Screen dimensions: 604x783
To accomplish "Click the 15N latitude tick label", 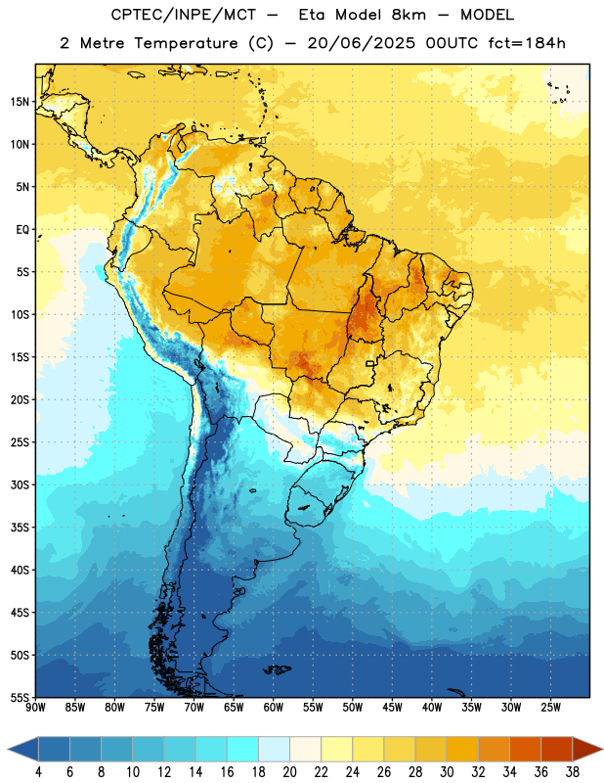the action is tap(20, 102).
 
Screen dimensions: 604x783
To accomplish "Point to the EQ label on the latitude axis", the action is tap(22, 230).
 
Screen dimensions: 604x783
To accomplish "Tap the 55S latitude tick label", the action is tap(21, 697).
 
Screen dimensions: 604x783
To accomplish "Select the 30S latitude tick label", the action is tap(21, 484).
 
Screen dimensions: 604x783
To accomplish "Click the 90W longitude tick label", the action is tap(35, 708).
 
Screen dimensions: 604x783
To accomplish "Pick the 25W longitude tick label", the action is tap(550, 708).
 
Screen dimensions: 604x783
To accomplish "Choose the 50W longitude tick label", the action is tap(353, 708).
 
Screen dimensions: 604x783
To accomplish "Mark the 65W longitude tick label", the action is tap(234, 708).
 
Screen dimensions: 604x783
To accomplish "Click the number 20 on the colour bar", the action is tap(289, 772).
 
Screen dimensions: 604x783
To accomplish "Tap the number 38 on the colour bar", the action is tap(573, 772).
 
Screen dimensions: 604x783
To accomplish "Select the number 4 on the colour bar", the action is tap(38, 772).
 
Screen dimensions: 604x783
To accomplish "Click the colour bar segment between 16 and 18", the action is tap(243, 749).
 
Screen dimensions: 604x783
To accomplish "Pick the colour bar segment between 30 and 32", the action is tap(463, 749).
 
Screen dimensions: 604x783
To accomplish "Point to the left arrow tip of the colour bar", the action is tap(8, 749).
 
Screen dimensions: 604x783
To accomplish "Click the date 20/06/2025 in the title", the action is tap(361, 43).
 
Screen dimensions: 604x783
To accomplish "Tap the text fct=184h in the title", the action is tap(527, 43).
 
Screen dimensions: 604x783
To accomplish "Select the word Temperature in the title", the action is tap(186, 43).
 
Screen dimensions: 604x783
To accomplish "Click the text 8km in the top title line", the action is tap(409, 15).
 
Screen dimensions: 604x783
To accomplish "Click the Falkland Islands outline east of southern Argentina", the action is tap(278, 669).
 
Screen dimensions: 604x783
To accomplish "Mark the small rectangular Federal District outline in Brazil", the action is tap(370, 363).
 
